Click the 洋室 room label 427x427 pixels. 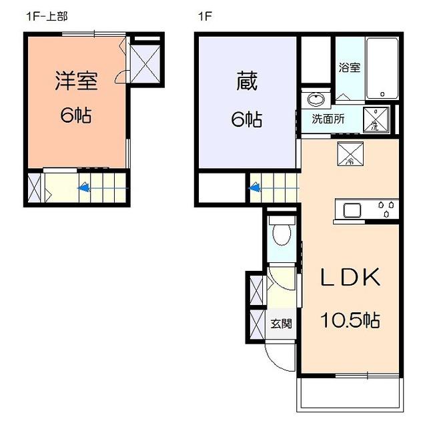click(x=76, y=81)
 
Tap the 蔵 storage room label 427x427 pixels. click(x=247, y=81)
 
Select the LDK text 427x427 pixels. click(x=350, y=277)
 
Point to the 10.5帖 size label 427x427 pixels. click(x=350, y=320)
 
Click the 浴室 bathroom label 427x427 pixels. click(x=350, y=67)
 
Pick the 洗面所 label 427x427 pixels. click(x=328, y=119)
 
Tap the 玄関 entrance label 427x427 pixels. click(x=281, y=324)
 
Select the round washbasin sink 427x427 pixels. click(x=316, y=98)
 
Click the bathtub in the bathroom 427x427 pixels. click(x=382, y=68)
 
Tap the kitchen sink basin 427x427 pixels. click(x=352, y=210)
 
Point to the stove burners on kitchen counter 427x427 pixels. click(x=386, y=209)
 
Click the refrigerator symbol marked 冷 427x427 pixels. click(x=350, y=154)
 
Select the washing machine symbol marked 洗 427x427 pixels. click(x=376, y=120)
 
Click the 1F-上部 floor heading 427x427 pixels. click(x=46, y=17)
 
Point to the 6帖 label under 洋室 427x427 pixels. click(x=76, y=115)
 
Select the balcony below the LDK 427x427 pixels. click(x=350, y=394)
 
